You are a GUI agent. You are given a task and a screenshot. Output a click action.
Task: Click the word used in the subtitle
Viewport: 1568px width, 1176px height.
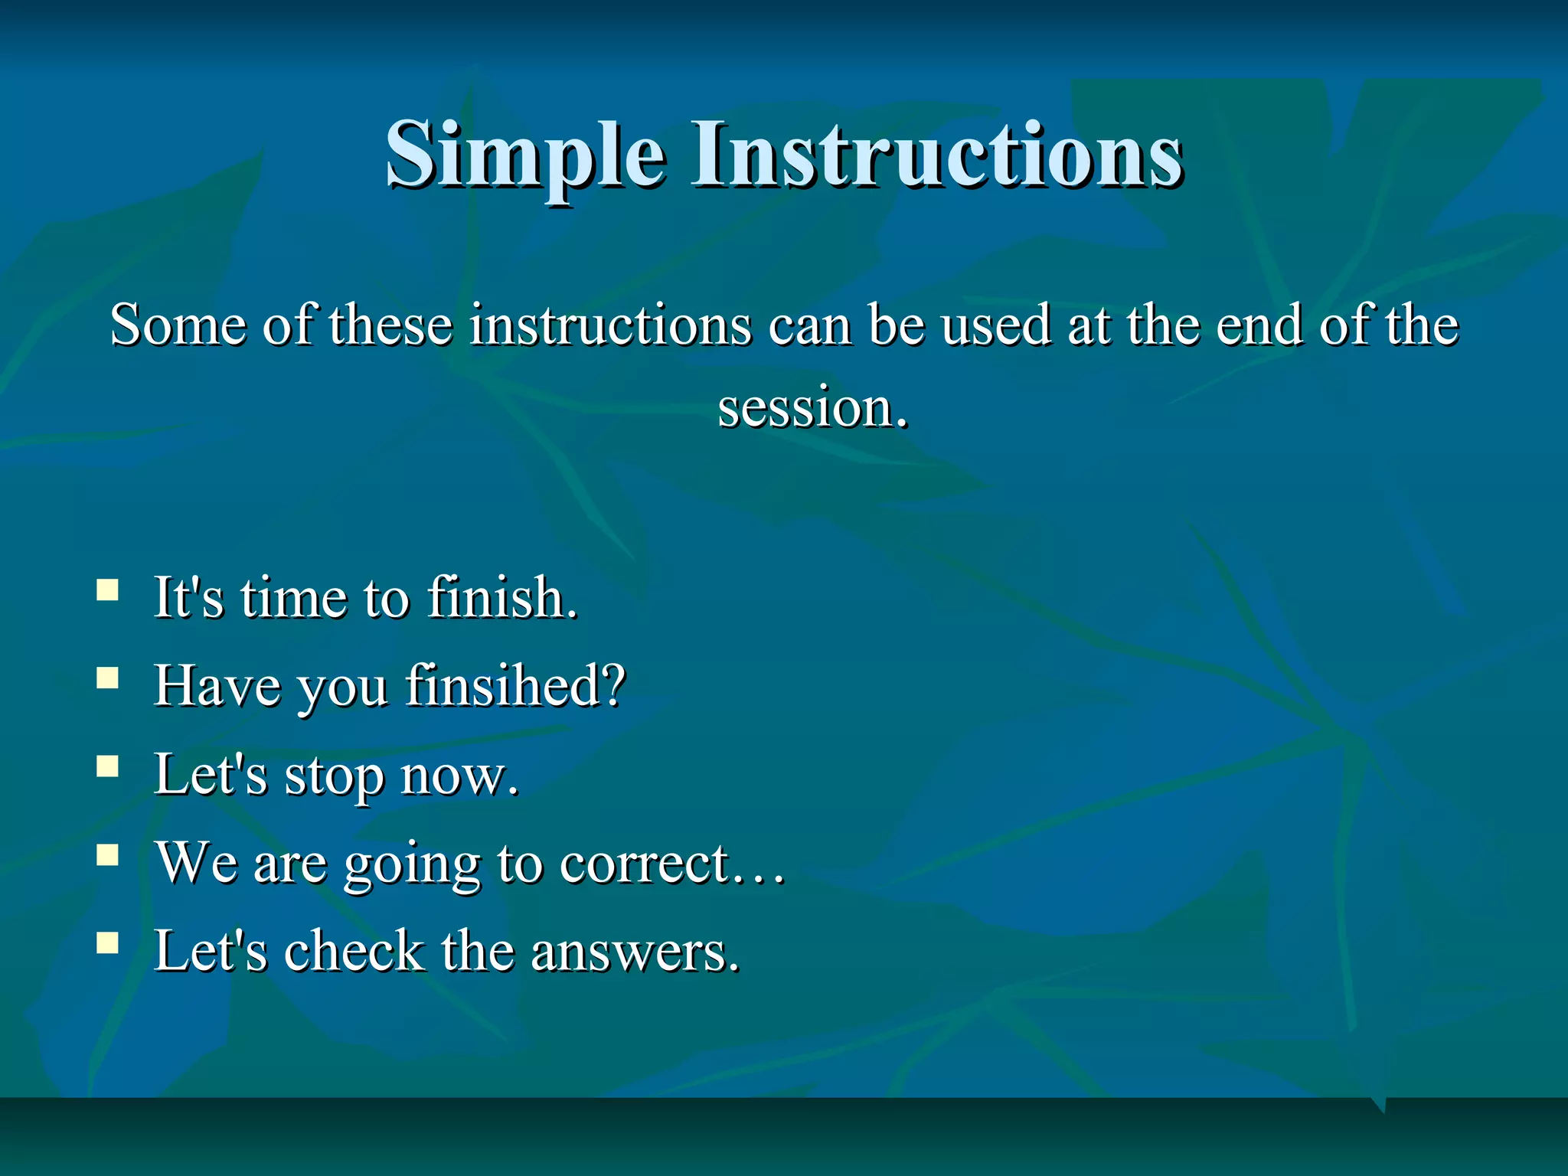click(996, 325)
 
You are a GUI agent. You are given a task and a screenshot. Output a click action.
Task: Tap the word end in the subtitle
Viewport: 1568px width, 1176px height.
click(1259, 325)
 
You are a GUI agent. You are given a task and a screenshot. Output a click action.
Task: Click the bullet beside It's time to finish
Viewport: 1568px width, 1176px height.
click(108, 590)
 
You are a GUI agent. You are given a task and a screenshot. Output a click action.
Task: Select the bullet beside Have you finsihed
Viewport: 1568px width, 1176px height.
click(108, 678)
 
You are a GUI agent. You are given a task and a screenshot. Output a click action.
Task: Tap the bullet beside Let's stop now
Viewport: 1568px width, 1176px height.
click(108, 766)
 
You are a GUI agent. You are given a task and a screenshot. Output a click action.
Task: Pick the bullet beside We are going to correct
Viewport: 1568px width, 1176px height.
click(108, 854)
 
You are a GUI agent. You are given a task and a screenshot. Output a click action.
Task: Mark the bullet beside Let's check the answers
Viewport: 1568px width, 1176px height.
click(108, 943)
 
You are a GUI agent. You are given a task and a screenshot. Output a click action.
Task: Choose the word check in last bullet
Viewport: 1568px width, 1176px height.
click(354, 952)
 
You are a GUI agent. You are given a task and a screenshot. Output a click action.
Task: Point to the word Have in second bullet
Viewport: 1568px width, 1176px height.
click(217, 685)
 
